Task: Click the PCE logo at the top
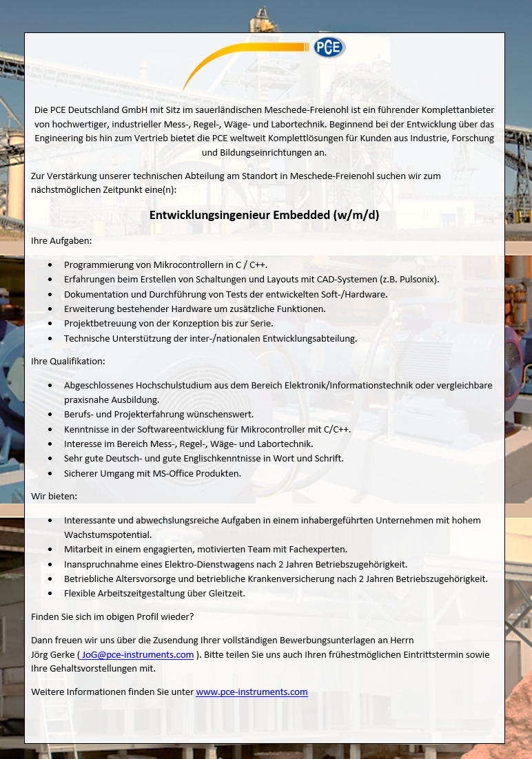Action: (x=329, y=48)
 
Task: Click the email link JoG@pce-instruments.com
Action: (x=137, y=654)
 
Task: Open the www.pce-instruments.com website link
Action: (x=252, y=692)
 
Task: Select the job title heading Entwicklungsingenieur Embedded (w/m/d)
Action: (x=265, y=215)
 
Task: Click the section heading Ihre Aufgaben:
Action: (x=61, y=241)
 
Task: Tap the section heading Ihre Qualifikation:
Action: (x=68, y=361)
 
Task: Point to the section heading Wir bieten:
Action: (x=54, y=496)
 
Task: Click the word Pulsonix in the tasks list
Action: (x=414, y=280)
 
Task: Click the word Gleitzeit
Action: (x=224, y=593)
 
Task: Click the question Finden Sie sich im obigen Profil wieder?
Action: (x=112, y=616)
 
